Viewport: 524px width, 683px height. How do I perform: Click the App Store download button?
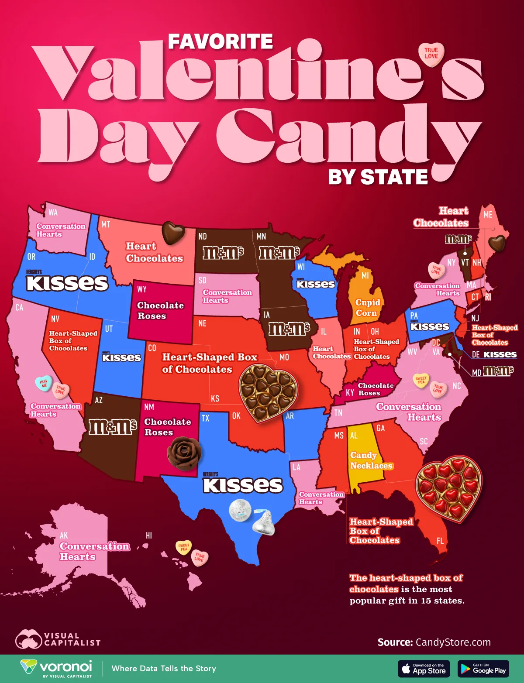tap(424, 669)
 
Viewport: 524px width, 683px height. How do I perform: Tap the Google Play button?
tap(483, 669)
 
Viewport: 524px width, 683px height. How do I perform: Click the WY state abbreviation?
tap(142, 289)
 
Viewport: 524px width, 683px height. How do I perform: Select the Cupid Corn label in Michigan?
tap(367, 308)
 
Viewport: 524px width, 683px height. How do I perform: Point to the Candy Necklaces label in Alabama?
tap(371, 460)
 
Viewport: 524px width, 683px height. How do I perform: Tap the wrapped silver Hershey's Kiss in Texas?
tap(264, 522)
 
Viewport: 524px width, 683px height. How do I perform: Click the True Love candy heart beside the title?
tap(431, 54)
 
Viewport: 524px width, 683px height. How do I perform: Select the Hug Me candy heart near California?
tap(44, 383)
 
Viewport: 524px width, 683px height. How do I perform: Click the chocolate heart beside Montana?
tap(173, 233)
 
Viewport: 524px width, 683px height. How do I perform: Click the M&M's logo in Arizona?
tap(113, 426)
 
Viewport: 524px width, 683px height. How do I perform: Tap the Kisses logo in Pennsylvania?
tap(429, 326)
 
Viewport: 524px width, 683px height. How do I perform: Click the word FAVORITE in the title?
tap(220, 42)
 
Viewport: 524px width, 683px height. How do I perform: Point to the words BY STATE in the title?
tap(378, 177)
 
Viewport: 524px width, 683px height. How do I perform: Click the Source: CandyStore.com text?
tap(434, 642)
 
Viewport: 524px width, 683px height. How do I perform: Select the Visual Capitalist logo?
tap(58, 639)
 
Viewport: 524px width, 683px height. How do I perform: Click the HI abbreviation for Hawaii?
tap(149, 535)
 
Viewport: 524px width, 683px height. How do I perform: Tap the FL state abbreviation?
tap(440, 541)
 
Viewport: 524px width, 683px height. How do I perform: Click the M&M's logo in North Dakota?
tap(223, 253)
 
